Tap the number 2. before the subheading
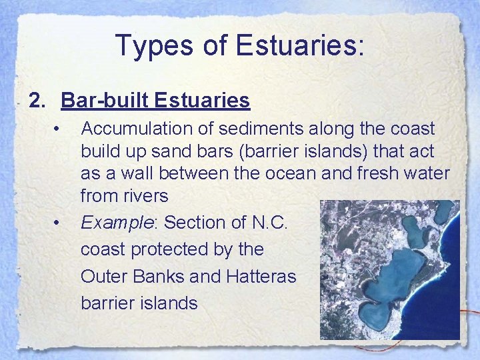(x=39, y=101)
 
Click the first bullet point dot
(x=59, y=127)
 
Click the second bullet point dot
(x=59, y=221)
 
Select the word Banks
(x=157, y=276)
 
